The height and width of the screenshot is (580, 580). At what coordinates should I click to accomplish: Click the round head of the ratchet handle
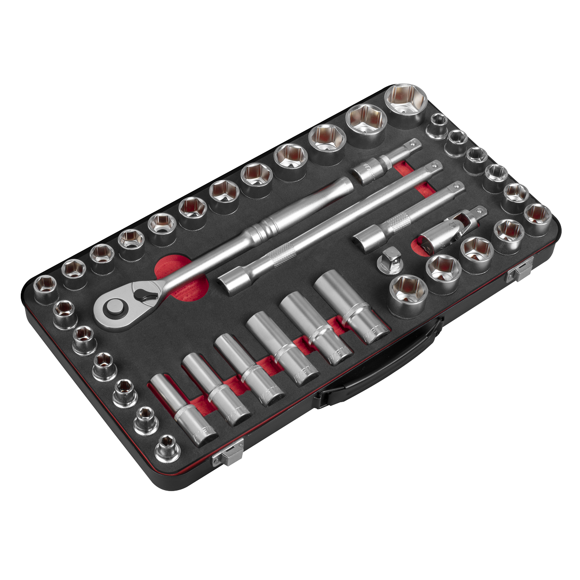click(x=115, y=308)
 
